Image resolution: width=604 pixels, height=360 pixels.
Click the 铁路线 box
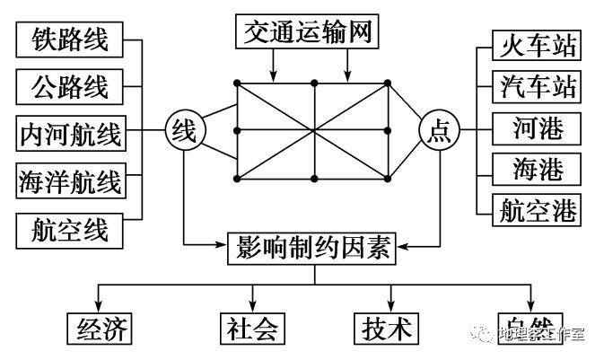click(70, 40)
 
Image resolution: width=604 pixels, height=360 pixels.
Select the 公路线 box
click(70, 87)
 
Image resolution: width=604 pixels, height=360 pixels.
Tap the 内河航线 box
click(70, 134)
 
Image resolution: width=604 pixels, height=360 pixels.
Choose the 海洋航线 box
click(70, 181)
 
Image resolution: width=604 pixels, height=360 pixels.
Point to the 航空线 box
click(70, 229)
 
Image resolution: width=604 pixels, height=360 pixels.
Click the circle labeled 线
click(184, 133)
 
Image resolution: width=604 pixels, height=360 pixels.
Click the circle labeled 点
click(440, 133)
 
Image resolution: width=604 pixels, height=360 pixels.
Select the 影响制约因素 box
click(313, 246)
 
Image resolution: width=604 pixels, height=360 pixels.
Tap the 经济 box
click(98, 327)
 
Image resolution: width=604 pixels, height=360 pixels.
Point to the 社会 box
click(251, 327)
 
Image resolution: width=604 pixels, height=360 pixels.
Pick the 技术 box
click(388, 327)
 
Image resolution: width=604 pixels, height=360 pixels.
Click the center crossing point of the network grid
click(313, 130)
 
